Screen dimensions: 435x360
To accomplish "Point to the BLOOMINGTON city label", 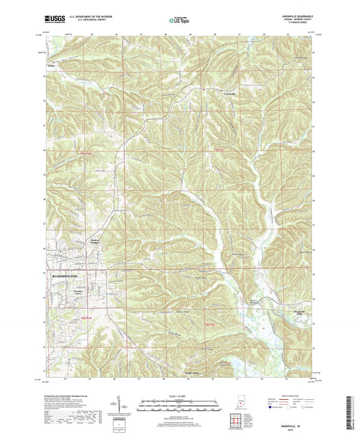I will [x=62, y=276].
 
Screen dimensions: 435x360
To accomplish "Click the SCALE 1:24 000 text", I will [x=179, y=395].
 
